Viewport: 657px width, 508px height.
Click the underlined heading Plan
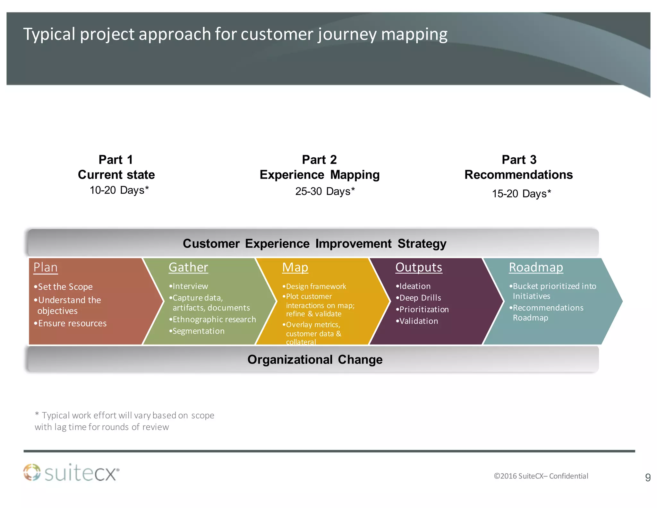click(46, 267)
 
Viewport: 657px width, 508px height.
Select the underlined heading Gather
click(188, 267)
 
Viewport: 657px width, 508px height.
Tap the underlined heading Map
click(295, 267)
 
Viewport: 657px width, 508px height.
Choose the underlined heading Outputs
click(419, 267)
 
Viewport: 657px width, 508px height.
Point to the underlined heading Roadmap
click(536, 267)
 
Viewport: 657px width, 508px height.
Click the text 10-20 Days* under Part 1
click(119, 190)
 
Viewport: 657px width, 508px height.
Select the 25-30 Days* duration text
click(325, 191)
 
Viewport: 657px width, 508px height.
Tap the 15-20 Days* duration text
click(521, 194)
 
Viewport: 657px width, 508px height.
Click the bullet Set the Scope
click(65, 286)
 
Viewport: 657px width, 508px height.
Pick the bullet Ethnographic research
click(214, 319)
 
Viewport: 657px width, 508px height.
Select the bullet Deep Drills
click(420, 298)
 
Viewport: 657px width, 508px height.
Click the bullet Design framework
click(316, 286)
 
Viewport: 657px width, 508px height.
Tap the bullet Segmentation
click(198, 331)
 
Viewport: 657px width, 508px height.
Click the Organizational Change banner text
click(315, 359)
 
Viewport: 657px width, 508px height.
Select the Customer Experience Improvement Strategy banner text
click(314, 243)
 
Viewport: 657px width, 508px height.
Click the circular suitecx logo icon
click(32, 472)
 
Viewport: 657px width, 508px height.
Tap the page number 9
click(648, 477)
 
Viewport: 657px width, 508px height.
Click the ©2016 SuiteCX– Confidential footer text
click(541, 476)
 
